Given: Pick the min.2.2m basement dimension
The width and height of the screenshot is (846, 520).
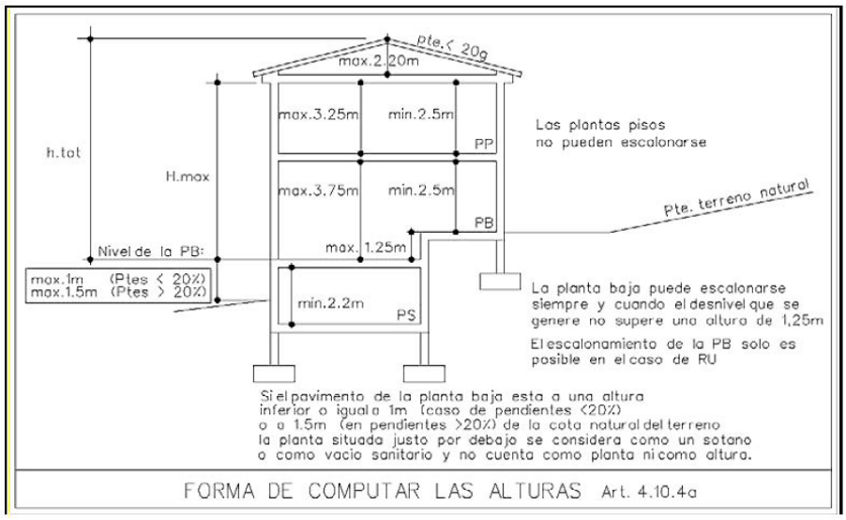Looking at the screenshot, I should coord(329,304).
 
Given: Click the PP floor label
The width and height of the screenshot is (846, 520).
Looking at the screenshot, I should coord(484,143).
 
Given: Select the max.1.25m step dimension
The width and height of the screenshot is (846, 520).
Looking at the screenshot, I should coord(366,249).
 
